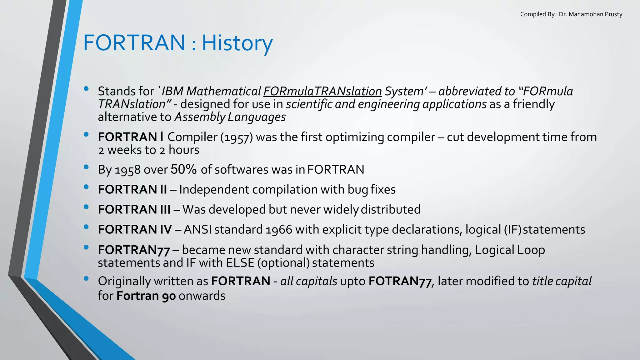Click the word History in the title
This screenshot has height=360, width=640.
pos(237,43)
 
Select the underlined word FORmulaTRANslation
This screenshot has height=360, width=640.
pos(322,91)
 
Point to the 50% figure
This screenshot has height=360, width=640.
pos(183,169)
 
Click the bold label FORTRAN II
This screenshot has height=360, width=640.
pos(132,189)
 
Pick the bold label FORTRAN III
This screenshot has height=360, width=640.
pos(134,209)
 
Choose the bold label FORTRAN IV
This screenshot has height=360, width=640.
pos(135,229)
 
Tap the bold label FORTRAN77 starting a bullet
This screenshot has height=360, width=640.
pos(134,250)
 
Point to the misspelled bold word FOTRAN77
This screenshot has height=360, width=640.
pos(400,281)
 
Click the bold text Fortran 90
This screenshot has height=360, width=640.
pos(146,296)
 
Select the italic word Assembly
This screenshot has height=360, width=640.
pos(200,117)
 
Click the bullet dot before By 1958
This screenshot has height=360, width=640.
pos(86,167)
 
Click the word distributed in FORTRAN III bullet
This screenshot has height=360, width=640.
pos(391,209)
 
